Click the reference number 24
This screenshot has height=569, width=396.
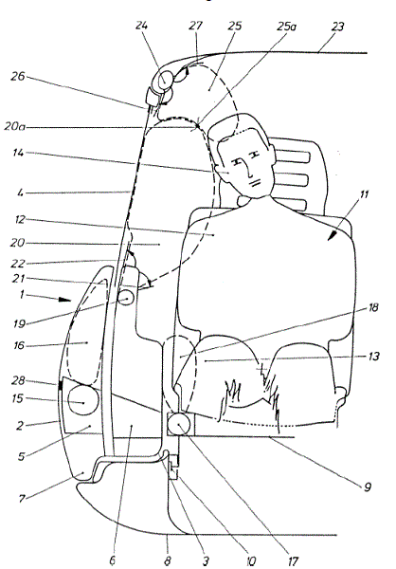click(142, 26)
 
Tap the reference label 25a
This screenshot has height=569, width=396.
click(286, 27)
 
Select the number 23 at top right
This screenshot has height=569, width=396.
click(337, 27)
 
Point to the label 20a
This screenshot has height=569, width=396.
click(15, 127)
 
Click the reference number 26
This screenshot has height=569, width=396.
click(18, 77)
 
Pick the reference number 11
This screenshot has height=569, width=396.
click(364, 194)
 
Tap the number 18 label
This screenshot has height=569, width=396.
click(372, 307)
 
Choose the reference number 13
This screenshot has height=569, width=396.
click(373, 357)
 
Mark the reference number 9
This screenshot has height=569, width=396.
click(368, 486)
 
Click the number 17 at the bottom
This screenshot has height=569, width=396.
click(293, 561)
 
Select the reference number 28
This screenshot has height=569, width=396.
click(18, 380)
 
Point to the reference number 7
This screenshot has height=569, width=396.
click(22, 499)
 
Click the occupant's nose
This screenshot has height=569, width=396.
click(249, 171)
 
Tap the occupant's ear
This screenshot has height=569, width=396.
click(221, 169)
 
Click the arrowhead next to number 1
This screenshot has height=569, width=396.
click(65, 300)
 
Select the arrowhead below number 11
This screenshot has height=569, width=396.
click(332, 235)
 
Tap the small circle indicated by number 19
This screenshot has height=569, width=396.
click(125, 299)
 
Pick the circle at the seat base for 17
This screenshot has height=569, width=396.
click(179, 424)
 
